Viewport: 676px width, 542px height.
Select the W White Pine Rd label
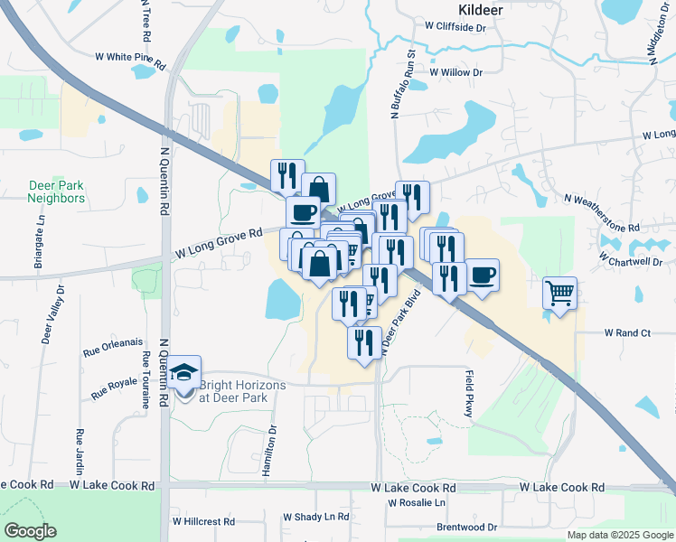tap(131, 60)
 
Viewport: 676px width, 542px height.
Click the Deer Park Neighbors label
tap(56, 192)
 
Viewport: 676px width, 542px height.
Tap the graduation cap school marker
tap(184, 373)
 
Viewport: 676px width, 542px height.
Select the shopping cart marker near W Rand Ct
tap(560, 294)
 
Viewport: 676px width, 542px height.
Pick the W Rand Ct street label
tap(627, 332)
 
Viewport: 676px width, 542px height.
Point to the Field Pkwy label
tap(470, 393)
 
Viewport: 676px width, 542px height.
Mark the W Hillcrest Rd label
tap(203, 522)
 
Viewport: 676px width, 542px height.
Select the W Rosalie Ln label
tap(417, 502)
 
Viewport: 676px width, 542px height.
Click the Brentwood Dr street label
tap(466, 527)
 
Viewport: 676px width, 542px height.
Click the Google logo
tap(30, 530)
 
